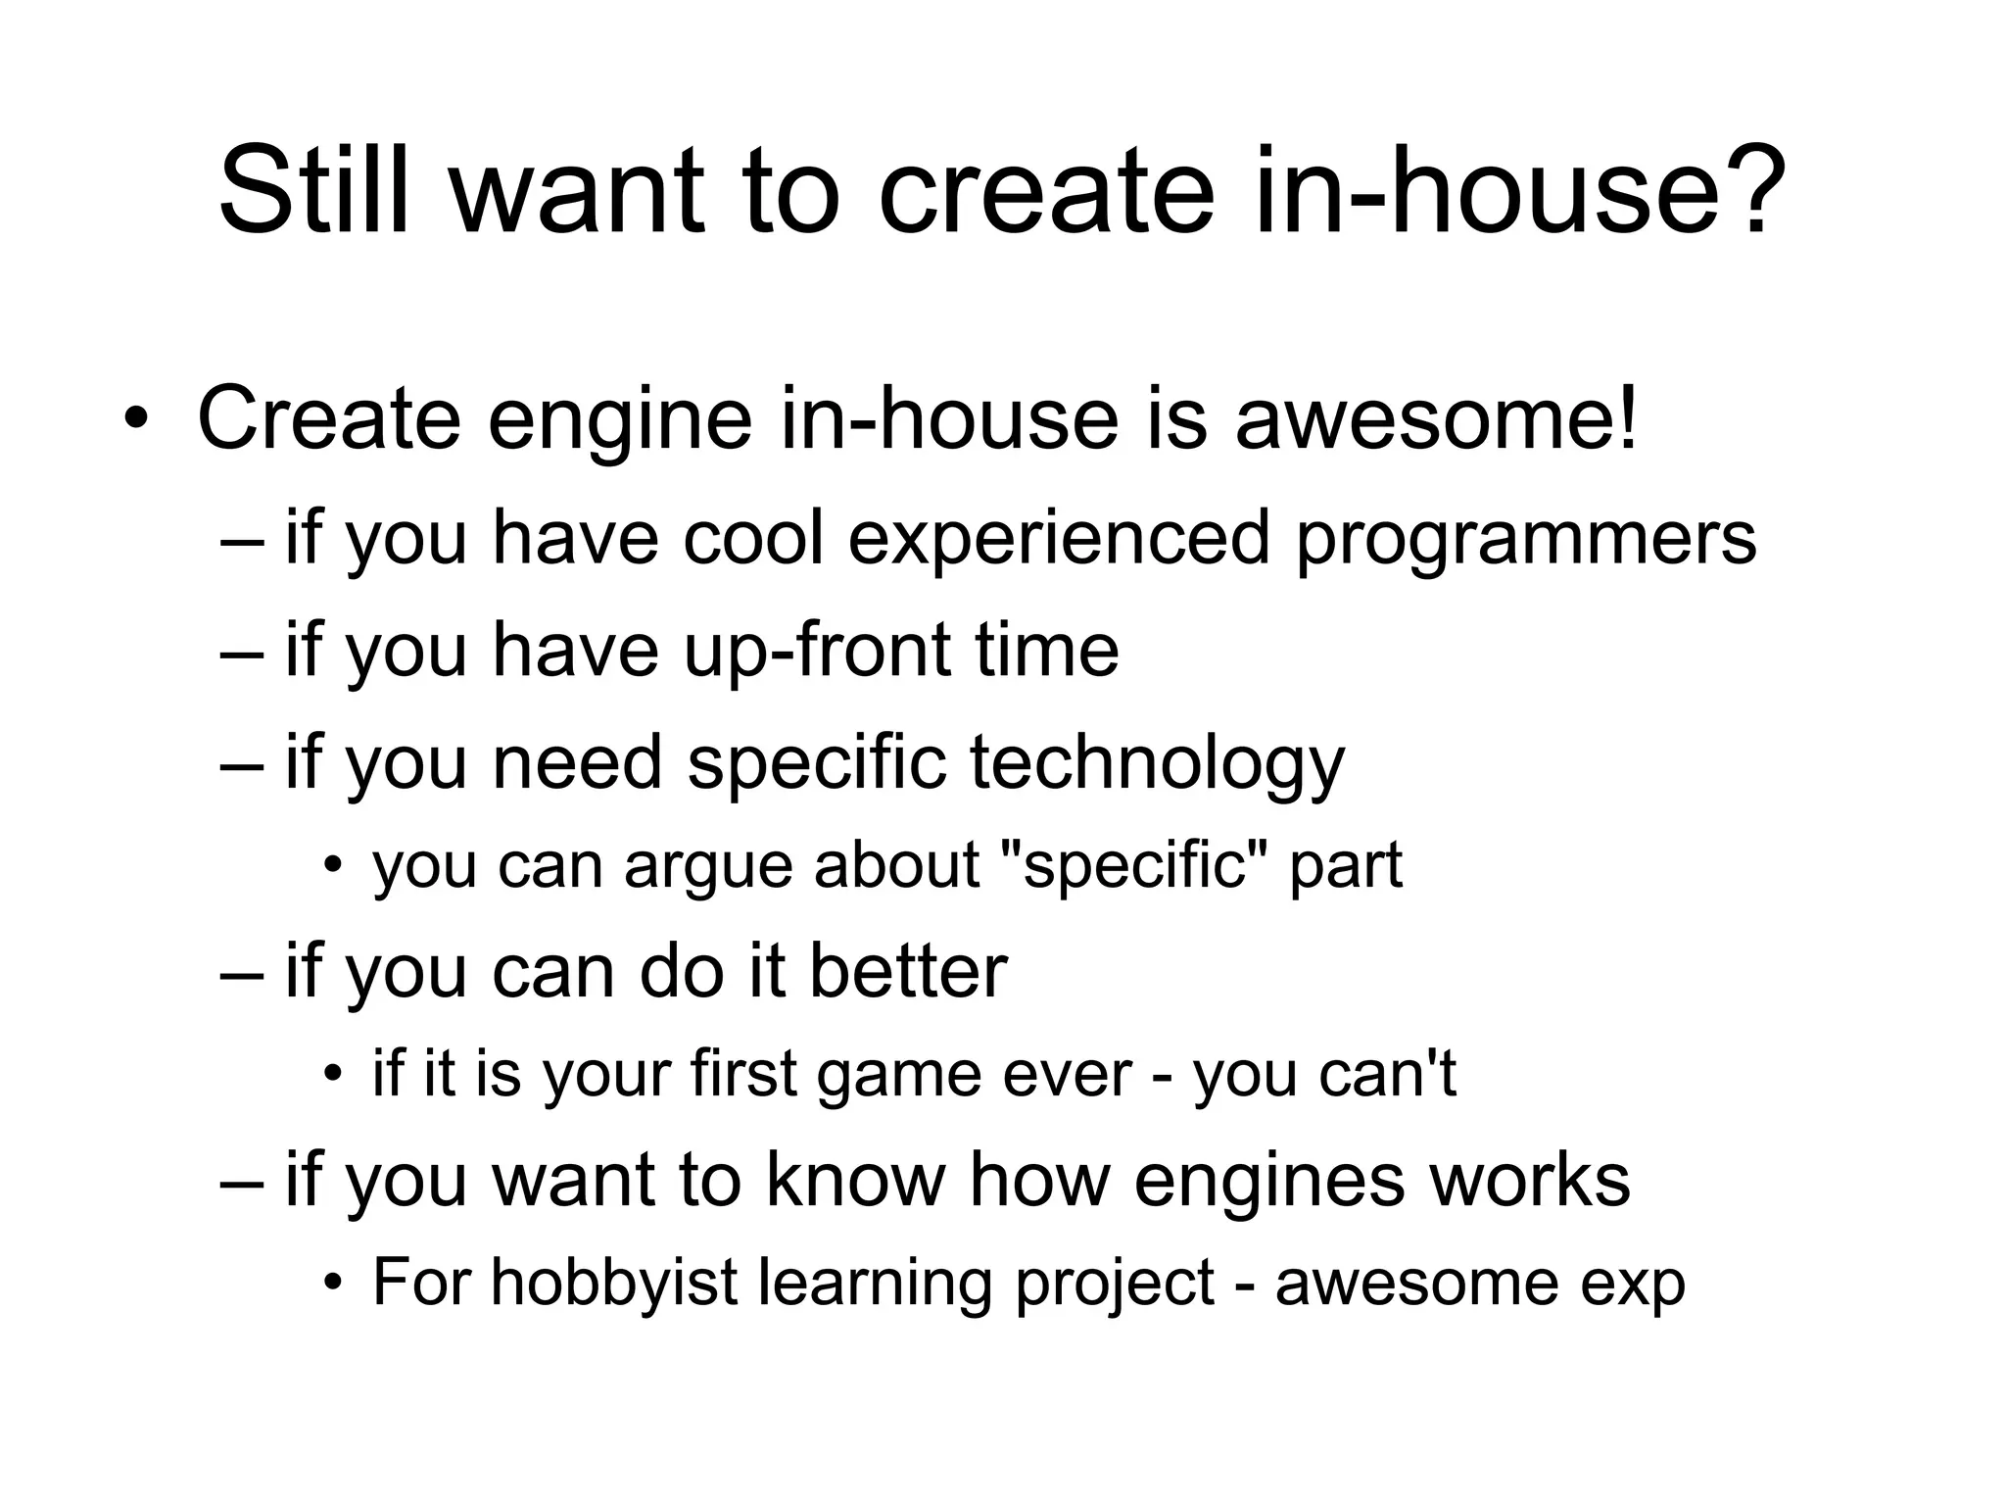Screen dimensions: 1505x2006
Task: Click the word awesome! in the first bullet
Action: pos(1436,419)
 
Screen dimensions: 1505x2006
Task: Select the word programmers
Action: pos(1526,541)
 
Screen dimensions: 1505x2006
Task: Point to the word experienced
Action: pos(1058,541)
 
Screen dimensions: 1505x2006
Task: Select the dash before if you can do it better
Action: pos(242,975)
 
